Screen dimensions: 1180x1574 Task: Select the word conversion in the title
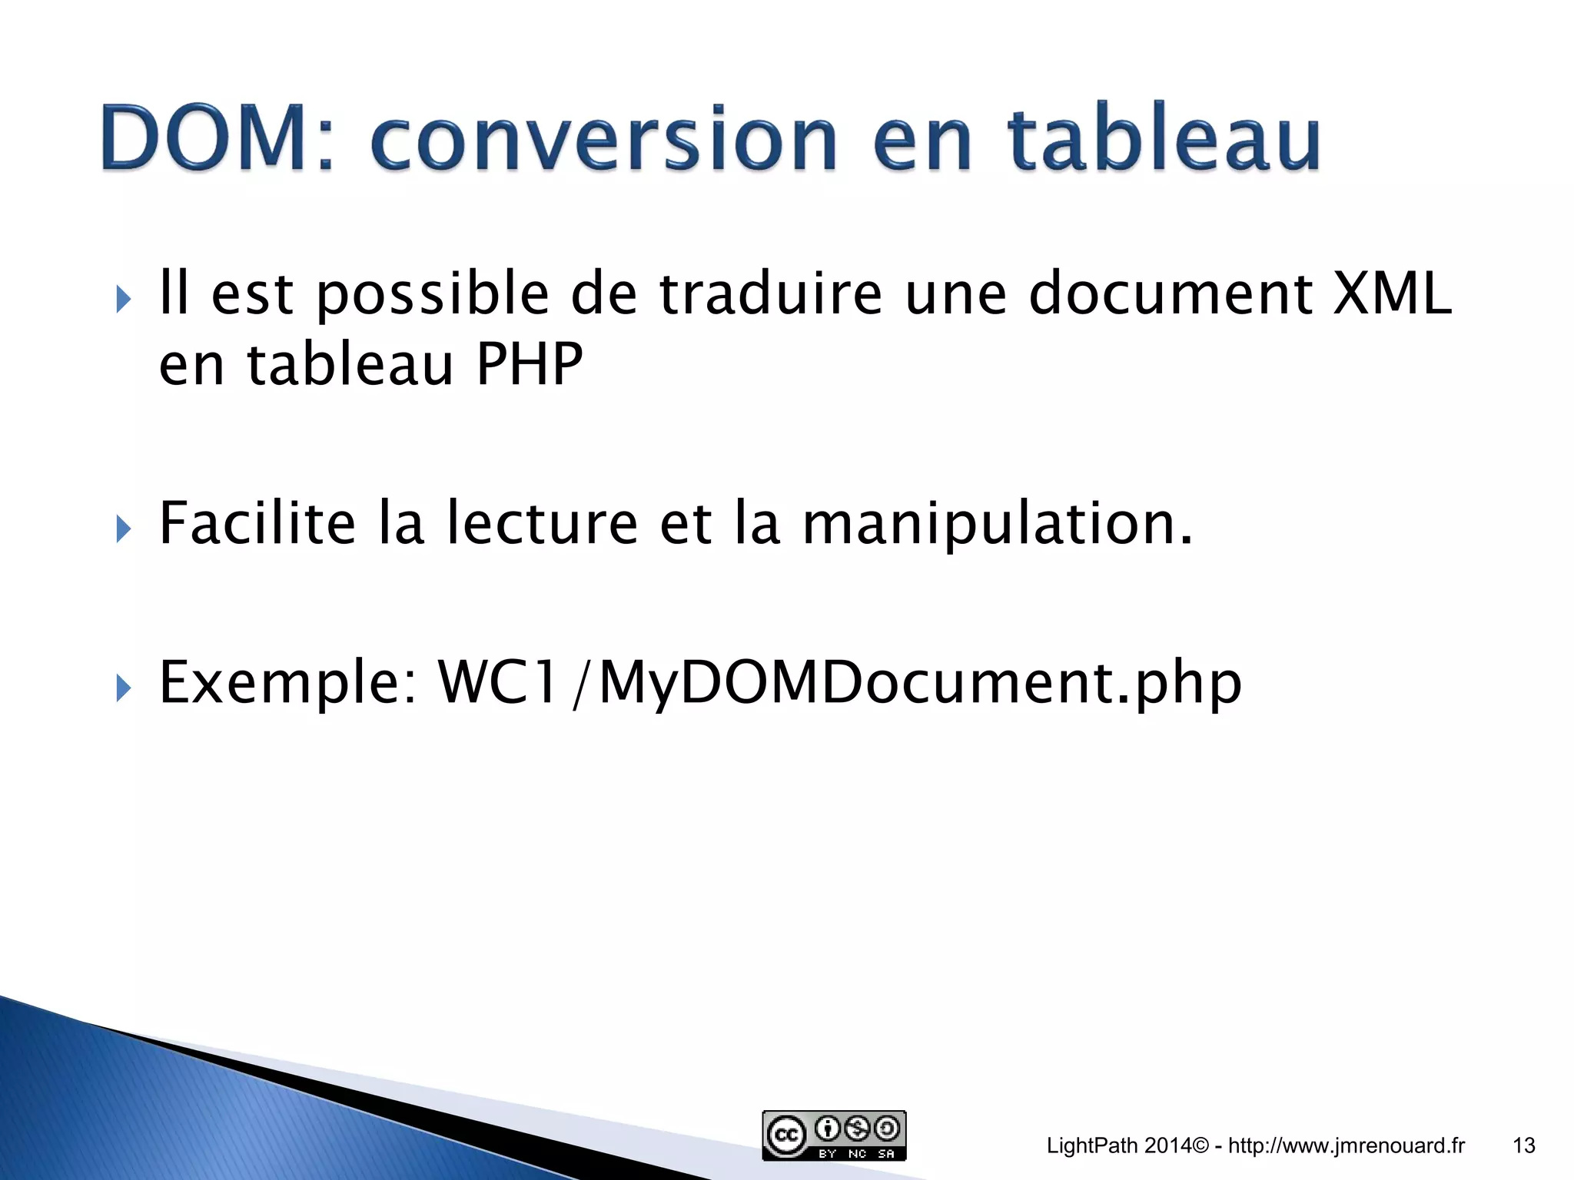[x=604, y=139]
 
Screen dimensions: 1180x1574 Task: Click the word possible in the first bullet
[x=432, y=295]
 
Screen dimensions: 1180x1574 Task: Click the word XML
[x=1392, y=295]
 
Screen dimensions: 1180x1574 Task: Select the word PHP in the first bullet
[x=530, y=365]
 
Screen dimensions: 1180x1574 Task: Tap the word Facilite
[x=257, y=524]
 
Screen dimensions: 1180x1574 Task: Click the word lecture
[x=542, y=524]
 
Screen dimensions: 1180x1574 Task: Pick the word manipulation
[x=998, y=524]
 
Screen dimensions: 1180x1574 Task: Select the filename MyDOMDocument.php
[x=919, y=683]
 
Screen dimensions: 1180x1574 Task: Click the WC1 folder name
[x=497, y=683]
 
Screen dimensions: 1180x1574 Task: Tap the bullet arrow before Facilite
[x=124, y=529]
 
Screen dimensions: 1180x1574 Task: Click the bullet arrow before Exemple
[x=124, y=688]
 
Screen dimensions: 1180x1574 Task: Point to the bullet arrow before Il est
[x=124, y=299]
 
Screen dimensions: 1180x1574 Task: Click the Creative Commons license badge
[x=834, y=1135]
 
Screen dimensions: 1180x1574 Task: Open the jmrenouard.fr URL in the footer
[x=1346, y=1146]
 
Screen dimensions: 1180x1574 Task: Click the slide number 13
[x=1523, y=1146]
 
